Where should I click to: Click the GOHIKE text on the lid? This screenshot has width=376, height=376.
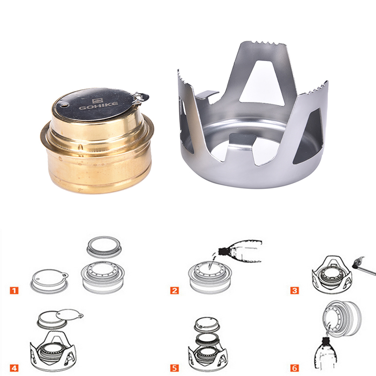click(98, 105)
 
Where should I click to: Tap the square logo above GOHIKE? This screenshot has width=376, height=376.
click(97, 101)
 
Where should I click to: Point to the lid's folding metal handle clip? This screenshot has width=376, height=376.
click(140, 97)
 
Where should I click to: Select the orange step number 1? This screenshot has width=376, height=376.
click(14, 290)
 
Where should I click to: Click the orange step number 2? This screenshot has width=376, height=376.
click(174, 290)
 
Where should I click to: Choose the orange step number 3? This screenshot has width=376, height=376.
click(295, 290)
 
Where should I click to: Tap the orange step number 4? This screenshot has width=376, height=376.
click(14, 368)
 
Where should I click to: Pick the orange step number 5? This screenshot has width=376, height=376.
click(174, 368)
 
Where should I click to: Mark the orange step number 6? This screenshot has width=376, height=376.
click(295, 368)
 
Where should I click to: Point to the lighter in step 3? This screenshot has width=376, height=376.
click(363, 266)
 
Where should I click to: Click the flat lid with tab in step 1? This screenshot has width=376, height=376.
click(49, 281)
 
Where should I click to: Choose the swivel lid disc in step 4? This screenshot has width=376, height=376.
click(69, 315)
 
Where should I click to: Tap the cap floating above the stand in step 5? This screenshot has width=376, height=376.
click(207, 325)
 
